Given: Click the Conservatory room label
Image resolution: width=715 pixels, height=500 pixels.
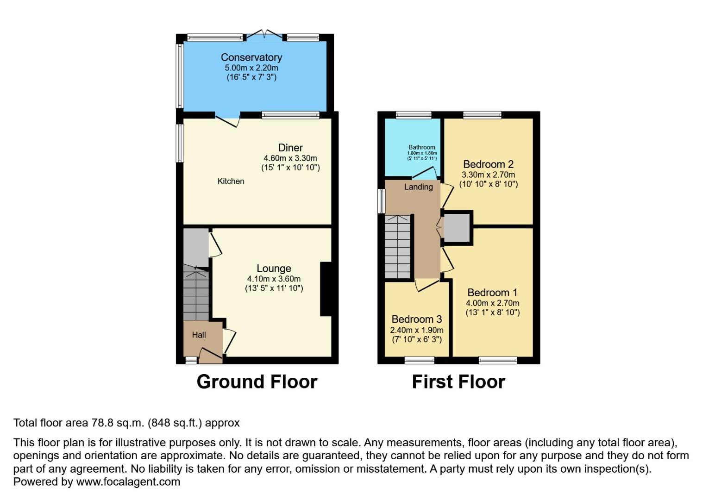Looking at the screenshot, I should pos(251,57).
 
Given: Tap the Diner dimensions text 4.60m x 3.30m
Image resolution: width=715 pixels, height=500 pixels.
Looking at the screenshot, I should pos(290,158).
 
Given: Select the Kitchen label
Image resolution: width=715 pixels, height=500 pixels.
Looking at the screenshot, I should pos(231,181).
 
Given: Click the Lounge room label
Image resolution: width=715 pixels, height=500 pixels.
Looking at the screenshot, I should pos(274,269).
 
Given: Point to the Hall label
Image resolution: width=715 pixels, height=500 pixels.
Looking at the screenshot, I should pos(199,335).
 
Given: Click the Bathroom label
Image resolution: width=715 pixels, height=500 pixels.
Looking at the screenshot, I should pos(421,147).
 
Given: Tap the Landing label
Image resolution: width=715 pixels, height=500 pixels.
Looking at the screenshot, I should pos(418,187).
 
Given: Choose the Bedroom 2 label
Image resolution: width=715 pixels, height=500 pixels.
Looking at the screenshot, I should pos(488,164).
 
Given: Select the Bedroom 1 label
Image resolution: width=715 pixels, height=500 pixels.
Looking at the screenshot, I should pos(492,293).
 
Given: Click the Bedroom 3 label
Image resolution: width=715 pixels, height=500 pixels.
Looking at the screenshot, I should pos(416,319).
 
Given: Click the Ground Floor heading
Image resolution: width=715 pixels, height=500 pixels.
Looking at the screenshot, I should pos(257,382).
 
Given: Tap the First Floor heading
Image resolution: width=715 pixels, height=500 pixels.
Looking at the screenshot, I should pos(458,382).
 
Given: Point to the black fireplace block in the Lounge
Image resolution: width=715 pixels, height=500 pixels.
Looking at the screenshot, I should pos(326,289).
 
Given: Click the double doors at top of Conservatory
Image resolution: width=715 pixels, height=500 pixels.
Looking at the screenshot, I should pos(264,35).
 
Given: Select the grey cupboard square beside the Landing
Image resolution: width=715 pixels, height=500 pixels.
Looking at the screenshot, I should pos(457,228).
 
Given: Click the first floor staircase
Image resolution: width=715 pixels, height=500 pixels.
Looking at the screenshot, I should pos(398,248).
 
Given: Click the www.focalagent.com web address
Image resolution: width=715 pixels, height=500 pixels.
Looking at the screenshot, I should pos(128,481).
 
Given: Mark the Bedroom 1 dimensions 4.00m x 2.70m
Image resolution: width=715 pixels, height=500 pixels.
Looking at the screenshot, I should pos(492,303).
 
